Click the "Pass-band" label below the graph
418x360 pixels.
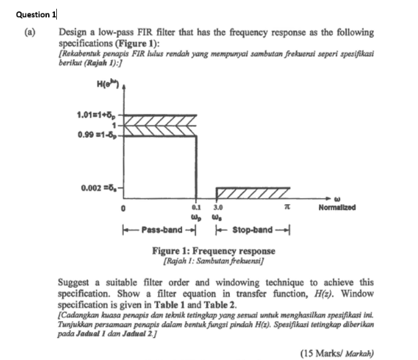[160, 230]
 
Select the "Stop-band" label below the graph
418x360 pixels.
[251, 230]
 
